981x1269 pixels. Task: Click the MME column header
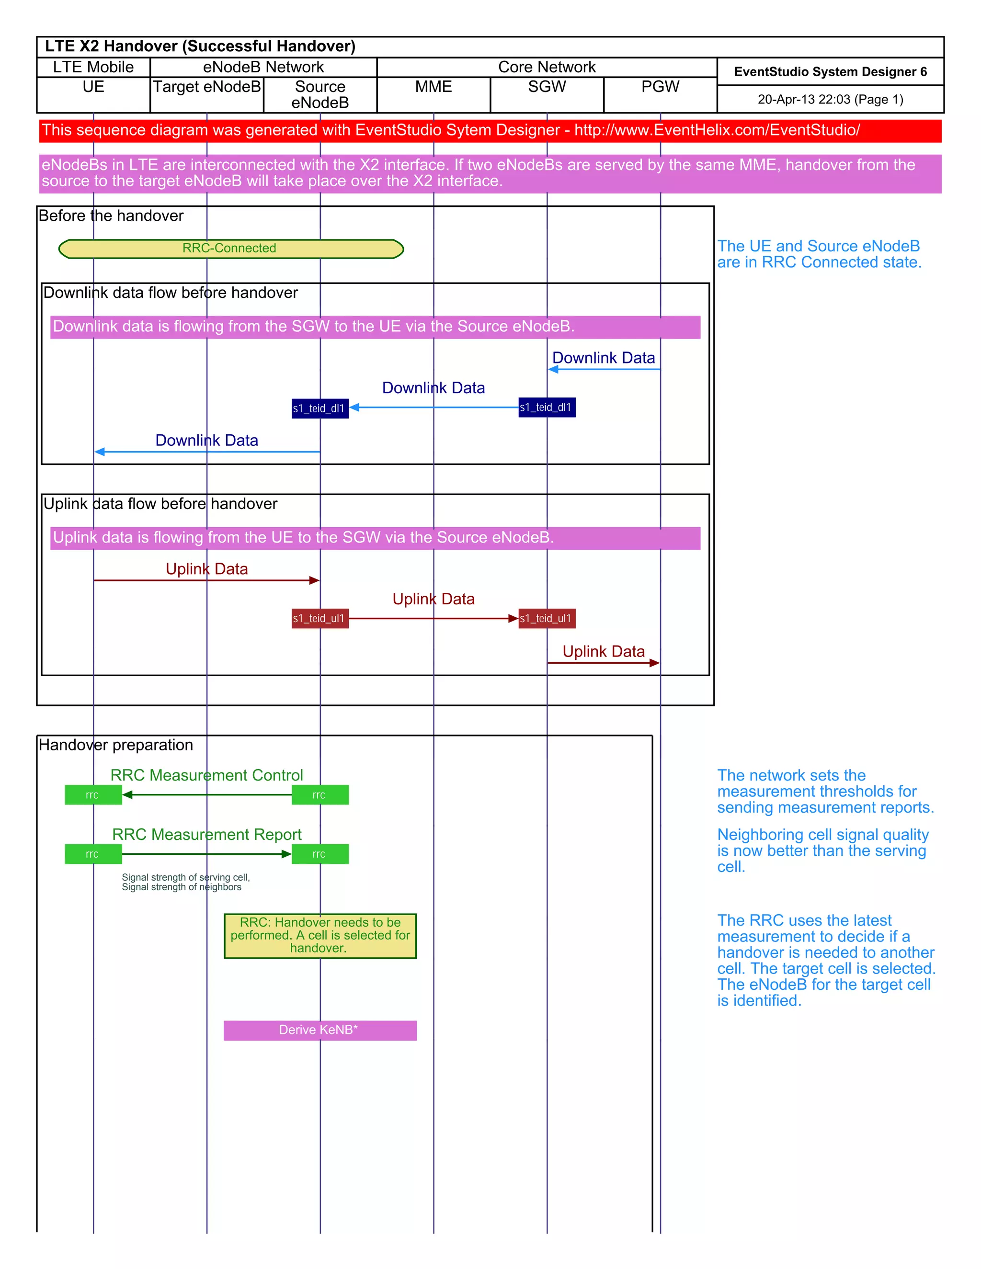[433, 87]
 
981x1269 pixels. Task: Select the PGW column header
[660, 87]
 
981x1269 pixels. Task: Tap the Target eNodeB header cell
[206, 87]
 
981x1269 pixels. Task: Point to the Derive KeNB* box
[319, 1030]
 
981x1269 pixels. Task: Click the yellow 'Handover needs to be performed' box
[319, 936]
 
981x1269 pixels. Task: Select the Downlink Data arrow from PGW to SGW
[604, 369]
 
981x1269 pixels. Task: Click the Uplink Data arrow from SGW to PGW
[604, 663]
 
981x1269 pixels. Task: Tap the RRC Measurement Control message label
[206, 775]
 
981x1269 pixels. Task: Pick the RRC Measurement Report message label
[206, 834]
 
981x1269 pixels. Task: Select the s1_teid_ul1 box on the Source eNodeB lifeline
[319, 618]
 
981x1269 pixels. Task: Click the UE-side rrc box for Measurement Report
[93, 854]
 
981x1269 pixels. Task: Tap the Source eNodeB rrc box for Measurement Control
[319, 795]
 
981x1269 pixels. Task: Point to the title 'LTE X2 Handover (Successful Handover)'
[200, 46]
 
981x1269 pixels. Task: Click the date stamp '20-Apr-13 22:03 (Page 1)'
[830, 99]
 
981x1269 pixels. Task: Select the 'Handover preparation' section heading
[115, 745]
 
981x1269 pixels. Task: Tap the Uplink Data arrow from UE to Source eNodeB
[206, 580]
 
